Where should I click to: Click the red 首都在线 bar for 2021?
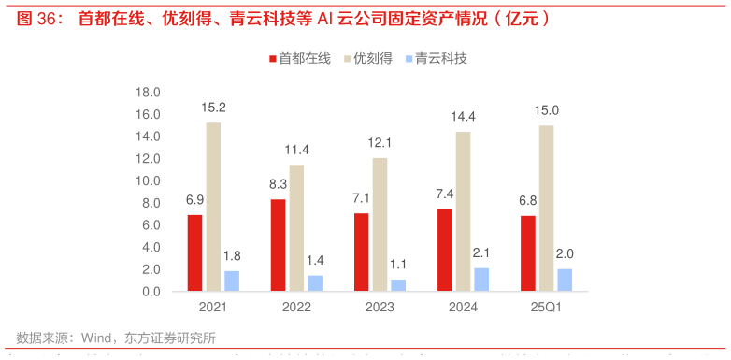(x=194, y=253)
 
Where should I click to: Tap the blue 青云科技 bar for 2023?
(x=398, y=285)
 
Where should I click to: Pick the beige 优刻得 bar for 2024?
(x=463, y=212)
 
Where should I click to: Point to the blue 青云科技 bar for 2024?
(x=481, y=280)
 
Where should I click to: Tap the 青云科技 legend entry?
(x=437, y=58)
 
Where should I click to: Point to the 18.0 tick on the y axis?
(x=149, y=93)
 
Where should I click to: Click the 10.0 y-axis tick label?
(x=149, y=180)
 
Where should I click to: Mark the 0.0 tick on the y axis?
(x=152, y=292)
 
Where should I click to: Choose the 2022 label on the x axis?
(x=296, y=308)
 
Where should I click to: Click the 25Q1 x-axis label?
(x=547, y=308)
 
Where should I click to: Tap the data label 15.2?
(x=213, y=108)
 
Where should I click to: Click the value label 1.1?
(x=398, y=265)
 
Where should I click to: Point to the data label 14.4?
(x=463, y=117)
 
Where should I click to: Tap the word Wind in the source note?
(x=98, y=338)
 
